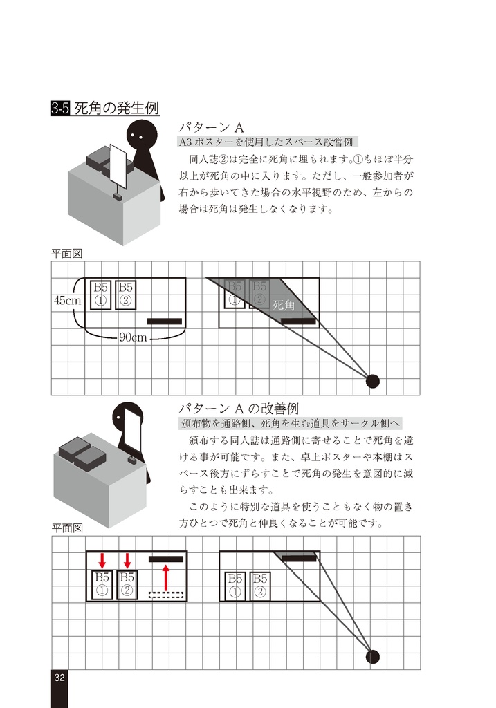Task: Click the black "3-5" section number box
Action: [x=60, y=109]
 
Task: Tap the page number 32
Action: [x=59, y=677]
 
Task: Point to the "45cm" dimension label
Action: [x=67, y=301]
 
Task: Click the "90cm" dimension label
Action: [x=132, y=337]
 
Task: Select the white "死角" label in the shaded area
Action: [x=283, y=304]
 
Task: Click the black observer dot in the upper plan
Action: [x=372, y=380]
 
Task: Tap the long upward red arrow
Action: [x=166, y=577]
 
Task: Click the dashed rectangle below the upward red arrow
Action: [x=166, y=594]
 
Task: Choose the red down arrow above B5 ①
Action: [x=102, y=559]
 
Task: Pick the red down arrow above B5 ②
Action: [x=127, y=559]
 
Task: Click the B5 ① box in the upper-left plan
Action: [x=101, y=294]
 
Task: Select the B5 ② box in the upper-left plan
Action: [x=126, y=294]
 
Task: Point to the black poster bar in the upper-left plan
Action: [x=164, y=322]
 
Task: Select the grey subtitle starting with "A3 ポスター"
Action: [x=266, y=142]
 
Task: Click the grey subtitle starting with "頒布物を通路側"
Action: [x=291, y=423]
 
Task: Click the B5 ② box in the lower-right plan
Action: [x=260, y=585]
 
